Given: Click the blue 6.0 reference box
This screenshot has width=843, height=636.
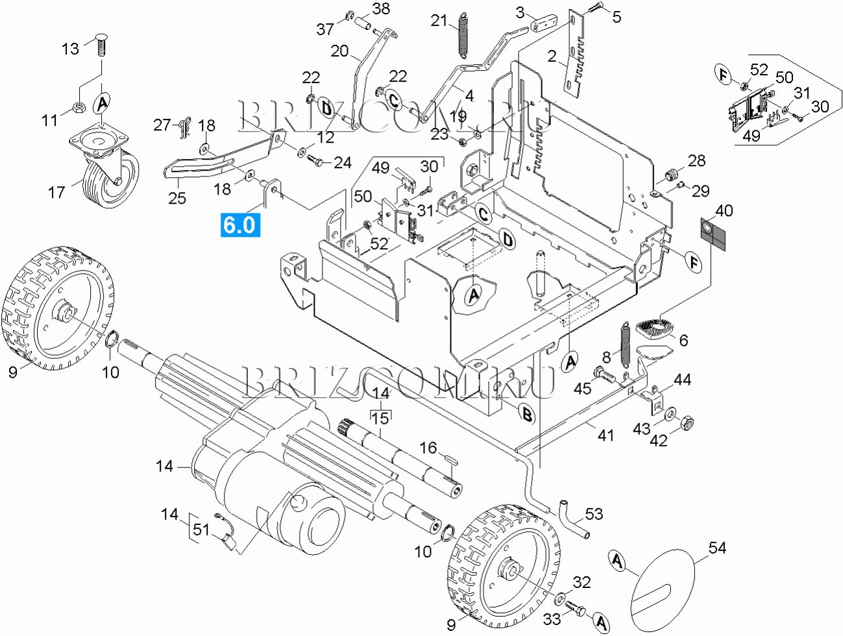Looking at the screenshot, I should pos(239,225).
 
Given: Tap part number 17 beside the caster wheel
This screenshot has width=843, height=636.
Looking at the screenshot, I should pos(57,192).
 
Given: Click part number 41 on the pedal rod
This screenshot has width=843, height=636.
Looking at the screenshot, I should pos(605,435).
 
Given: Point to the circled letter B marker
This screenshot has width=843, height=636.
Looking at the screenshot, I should pos(527,413).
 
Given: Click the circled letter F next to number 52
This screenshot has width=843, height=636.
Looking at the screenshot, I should pos(724,75).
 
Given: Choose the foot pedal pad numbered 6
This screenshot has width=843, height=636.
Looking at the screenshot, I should pos(655,328).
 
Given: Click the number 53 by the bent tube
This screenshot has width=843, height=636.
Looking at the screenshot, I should pos(594,514).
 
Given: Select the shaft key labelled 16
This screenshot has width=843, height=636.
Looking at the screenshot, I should pos(450,459).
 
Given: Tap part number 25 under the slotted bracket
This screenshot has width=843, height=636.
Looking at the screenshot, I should pos(177,198).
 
